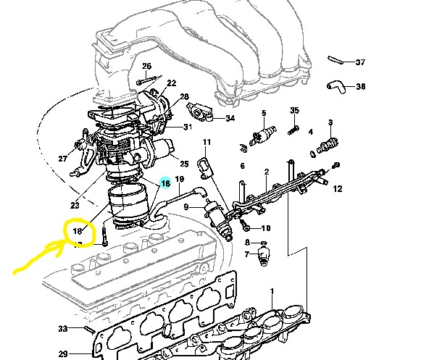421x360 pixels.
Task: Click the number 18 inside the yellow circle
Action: pos(78,230)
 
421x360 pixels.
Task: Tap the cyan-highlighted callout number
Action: pos(165,183)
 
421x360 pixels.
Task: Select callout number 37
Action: pos(360,62)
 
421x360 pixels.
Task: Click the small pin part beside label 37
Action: pos(335,60)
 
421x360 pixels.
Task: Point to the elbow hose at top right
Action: pos(335,87)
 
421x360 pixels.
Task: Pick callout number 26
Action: pos(146,66)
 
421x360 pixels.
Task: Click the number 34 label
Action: pos(230,118)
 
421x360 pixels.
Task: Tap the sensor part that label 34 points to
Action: pos(199,111)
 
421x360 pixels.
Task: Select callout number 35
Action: pos(294,110)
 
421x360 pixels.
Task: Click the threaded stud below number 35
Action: pos(293,130)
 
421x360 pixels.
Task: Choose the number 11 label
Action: pos(207,142)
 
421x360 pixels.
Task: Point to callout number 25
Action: pos(184,164)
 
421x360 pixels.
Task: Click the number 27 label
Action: pos(62,159)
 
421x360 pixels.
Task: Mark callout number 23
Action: pos(75,206)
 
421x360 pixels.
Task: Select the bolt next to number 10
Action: pos(245,225)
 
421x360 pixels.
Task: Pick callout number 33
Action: pos(63,328)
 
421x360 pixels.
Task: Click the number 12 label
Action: pos(338,189)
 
